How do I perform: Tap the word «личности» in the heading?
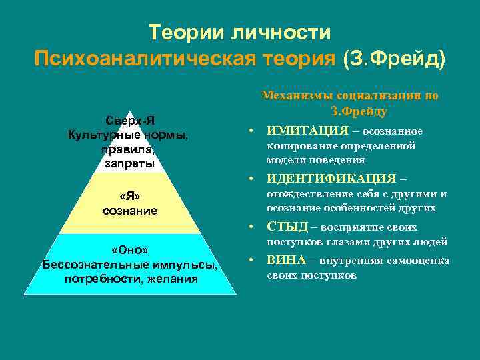279,31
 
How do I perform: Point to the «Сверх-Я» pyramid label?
130,121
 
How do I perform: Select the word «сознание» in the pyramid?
130,211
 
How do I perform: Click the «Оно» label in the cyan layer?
130,250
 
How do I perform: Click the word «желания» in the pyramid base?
174,278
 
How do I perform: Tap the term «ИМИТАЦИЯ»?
307,130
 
